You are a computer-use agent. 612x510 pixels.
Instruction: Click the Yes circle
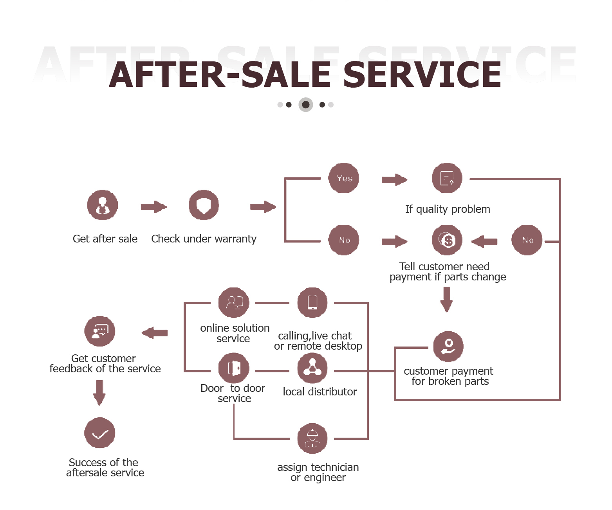[x=344, y=178]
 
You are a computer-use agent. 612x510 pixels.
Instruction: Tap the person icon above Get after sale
[x=103, y=205]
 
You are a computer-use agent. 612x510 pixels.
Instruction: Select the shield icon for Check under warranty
[x=204, y=205]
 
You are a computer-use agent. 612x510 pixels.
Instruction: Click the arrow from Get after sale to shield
[x=154, y=207]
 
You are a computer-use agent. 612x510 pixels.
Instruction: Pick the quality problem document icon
[x=447, y=178]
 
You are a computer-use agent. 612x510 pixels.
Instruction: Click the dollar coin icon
[x=447, y=240]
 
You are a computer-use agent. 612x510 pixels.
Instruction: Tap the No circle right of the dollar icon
[x=527, y=240]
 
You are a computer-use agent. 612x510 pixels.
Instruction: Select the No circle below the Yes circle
[x=344, y=240]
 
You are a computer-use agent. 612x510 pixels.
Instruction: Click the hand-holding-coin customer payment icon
[x=448, y=347]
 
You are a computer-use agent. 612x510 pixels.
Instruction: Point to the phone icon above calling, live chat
[x=312, y=303]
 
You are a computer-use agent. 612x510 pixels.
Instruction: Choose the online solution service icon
[x=234, y=303]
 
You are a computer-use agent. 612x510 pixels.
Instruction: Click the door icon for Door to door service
[x=234, y=368]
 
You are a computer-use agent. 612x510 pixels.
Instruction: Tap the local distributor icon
[x=312, y=368]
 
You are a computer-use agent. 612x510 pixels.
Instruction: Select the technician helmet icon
[x=312, y=438]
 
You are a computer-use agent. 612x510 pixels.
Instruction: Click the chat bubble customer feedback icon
[x=100, y=331]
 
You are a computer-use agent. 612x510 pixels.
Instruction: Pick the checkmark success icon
[x=100, y=433]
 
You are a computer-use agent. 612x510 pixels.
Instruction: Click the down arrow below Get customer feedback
[x=99, y=393]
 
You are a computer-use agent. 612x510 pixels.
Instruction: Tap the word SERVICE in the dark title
[x=422, y=75]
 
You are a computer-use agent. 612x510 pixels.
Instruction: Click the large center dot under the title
[x=306, y=105]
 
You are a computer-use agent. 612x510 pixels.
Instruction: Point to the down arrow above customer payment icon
[x=447, y=299]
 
